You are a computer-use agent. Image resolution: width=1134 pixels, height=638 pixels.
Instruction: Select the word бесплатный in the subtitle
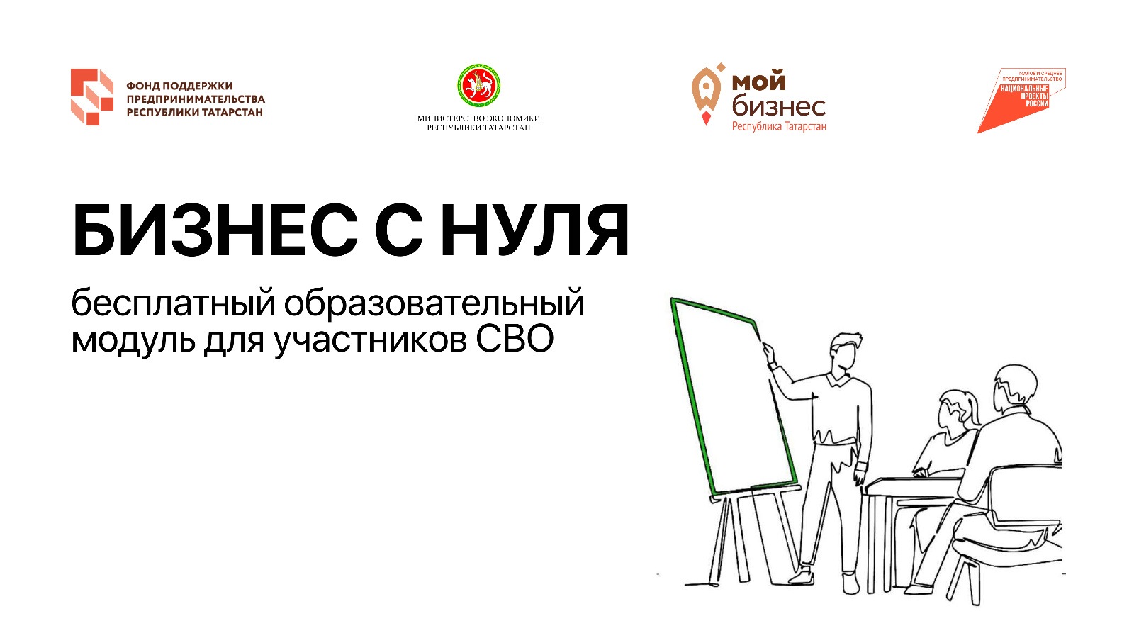(x=173, y=304)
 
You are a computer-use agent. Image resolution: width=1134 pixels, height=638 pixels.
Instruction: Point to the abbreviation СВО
(x=515, y=340)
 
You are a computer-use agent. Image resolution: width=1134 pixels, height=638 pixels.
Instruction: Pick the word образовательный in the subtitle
(x=434, y=304)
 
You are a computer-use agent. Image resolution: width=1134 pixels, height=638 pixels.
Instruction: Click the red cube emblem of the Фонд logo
(x=92, y=96)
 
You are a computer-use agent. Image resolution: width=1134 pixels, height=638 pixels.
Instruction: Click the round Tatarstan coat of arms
(x=479, y=85)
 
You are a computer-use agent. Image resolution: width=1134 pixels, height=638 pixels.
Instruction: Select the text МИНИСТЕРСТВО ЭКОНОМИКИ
(x=478, y=118)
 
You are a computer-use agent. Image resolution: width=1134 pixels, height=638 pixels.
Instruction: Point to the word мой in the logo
(x=759, y=82)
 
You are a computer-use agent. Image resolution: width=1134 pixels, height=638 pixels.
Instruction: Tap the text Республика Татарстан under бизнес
(x=779, y=127)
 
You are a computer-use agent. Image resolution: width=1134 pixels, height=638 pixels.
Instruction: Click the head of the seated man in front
(x=1014, y=389)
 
